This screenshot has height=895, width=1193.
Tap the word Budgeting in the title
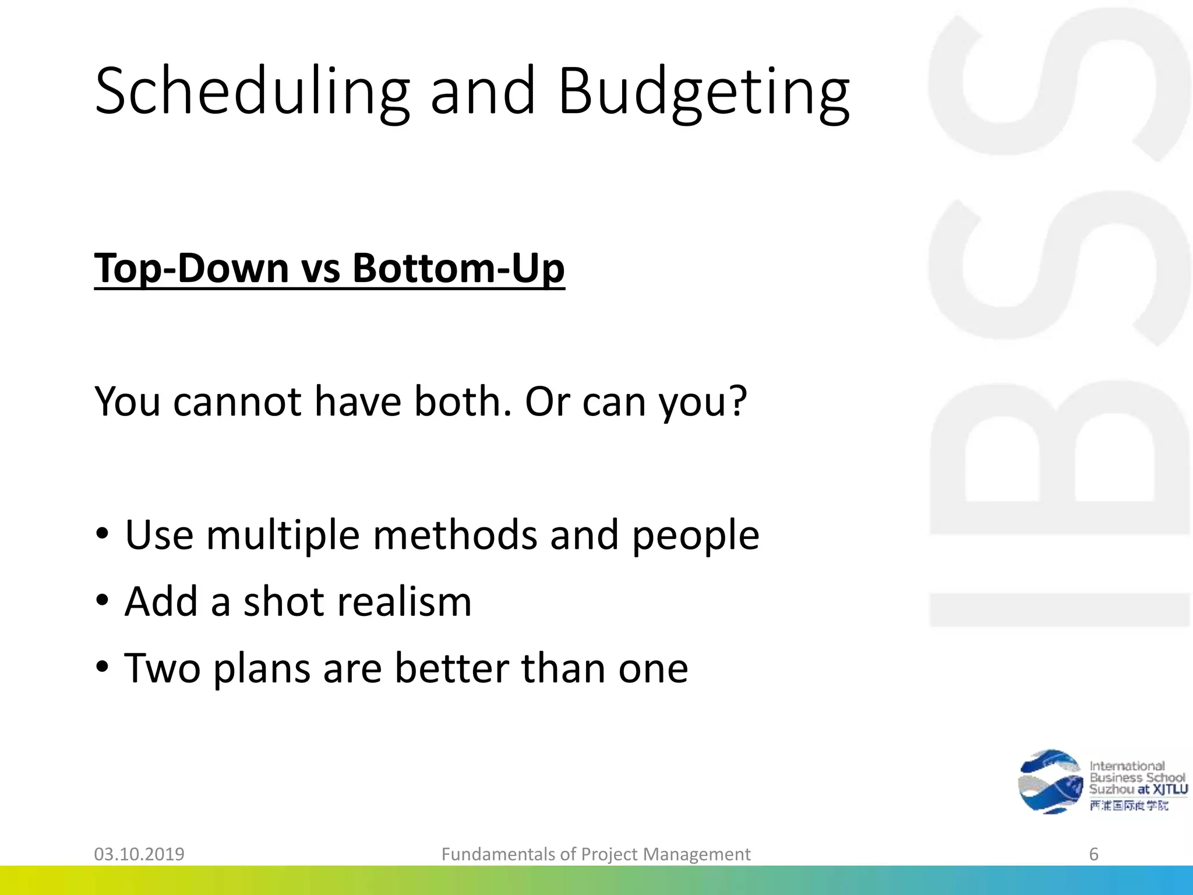[704, 92]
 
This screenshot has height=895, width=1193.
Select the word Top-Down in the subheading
[192, 269]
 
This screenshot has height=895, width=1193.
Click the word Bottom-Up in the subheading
[458, 269]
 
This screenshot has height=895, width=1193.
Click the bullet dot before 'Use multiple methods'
[103, 535]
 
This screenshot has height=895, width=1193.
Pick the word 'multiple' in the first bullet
[283, 535]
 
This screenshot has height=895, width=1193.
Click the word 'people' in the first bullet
[696, 535]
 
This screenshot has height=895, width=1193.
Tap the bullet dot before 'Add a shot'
[103, 601]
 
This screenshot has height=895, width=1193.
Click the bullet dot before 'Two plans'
[103, 667]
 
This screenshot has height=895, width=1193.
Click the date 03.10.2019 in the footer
[139, 854]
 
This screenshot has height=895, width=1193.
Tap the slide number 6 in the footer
[1093, 854]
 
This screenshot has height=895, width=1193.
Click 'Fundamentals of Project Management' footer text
[596, 854]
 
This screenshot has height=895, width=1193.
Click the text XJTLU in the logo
[1170, 790]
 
